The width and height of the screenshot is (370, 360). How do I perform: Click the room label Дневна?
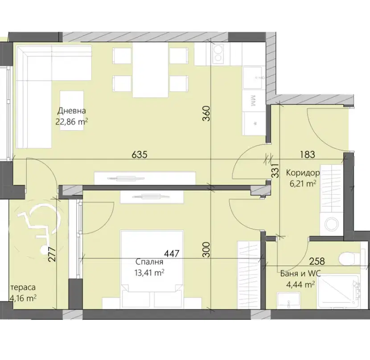point(72,110)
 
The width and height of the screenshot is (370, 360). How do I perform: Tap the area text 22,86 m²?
point(72,122)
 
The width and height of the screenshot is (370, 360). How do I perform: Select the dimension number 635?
point(140,155)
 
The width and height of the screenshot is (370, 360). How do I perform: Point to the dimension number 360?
point(206,114)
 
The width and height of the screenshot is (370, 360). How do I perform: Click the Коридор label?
point(303,173)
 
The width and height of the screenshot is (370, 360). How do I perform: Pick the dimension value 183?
point(308,155)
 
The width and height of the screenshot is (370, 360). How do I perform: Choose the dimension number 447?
point(172,254)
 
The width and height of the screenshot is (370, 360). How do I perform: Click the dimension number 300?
point(206,250)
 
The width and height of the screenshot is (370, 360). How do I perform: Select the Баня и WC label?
point(300,274)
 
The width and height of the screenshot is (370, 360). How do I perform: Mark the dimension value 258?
point(317,261)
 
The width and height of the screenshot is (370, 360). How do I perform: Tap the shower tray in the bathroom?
point(339,292)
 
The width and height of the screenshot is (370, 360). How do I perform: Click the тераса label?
point(23,287)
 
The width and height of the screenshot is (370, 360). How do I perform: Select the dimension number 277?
point(53,254)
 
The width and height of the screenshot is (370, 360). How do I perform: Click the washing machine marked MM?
point(255,101)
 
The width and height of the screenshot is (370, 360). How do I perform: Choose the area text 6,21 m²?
point(303,184)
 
